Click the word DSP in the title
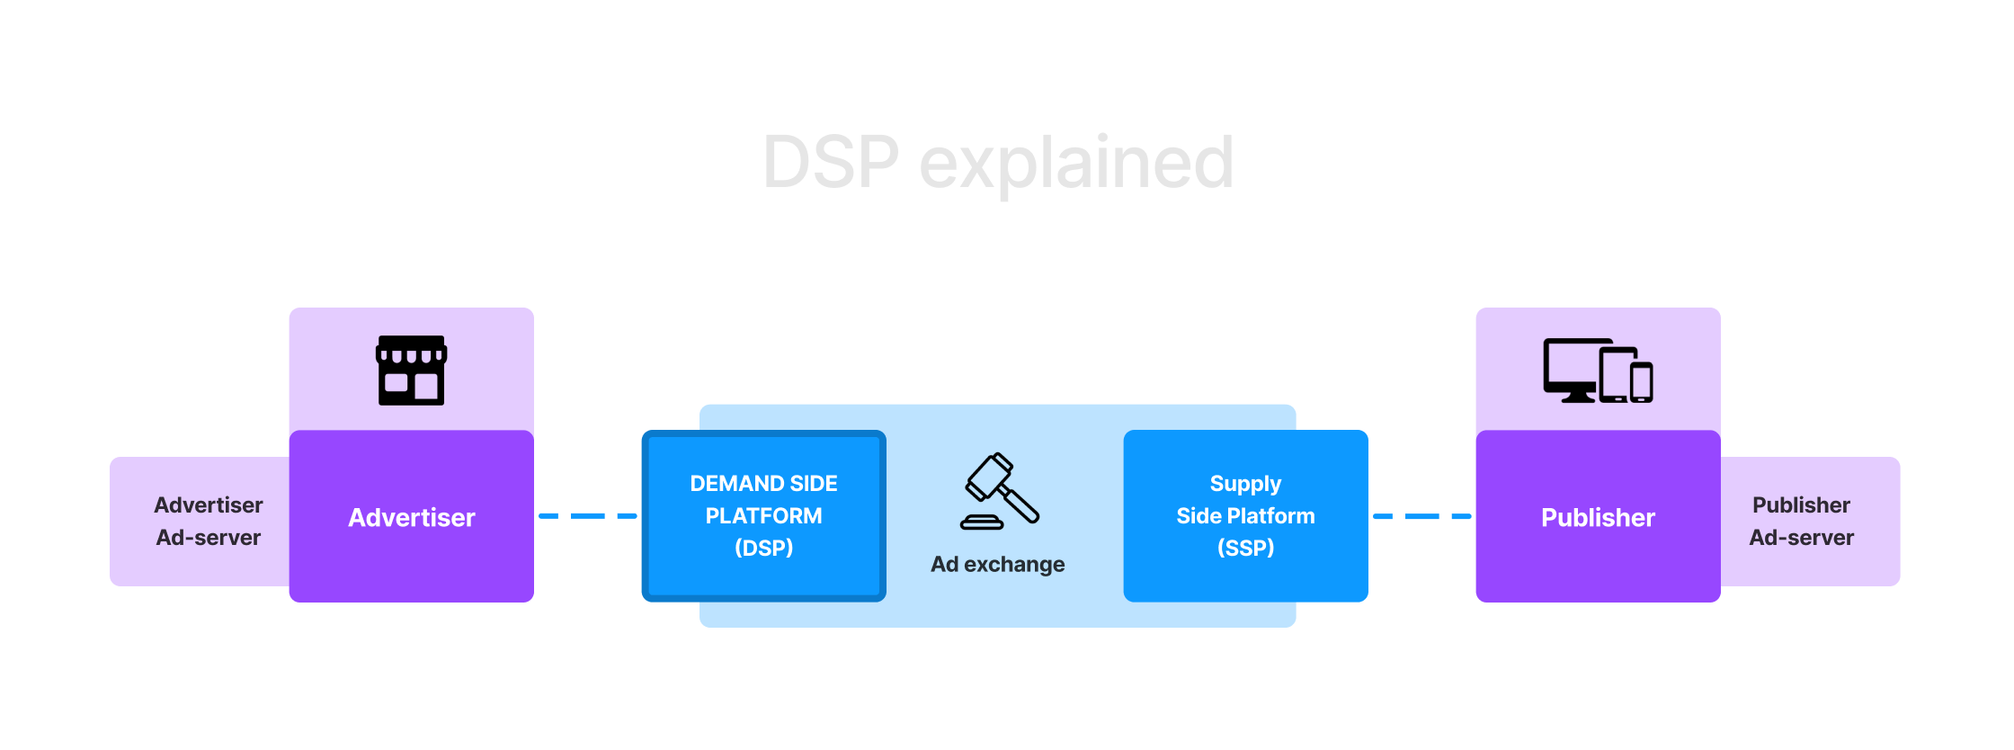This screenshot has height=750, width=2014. [x=830, y=163]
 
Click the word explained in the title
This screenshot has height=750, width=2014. [x=1076, y=163]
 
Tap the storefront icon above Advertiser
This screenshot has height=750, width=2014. [x=411, y=371]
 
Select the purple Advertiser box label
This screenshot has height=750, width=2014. [x=411, y=517]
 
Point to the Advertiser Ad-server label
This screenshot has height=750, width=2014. [x=208, y=521]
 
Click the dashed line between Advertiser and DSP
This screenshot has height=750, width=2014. [x=587, y=516]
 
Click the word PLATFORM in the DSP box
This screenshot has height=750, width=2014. [x=763, y=515]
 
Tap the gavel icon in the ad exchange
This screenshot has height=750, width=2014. [x=1000, y=491]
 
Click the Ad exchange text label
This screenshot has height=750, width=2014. [x=997, y=564]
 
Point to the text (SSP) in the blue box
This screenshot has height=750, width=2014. [x=1245, y=548]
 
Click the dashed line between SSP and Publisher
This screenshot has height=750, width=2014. [x=1421, y=516]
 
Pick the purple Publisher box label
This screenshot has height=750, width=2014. [x=1598, y=517]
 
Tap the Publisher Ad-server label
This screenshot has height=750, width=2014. [x=1801, y=521]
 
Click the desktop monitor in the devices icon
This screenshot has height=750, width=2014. [x=1571, y=367]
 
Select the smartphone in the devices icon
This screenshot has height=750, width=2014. [x=1642, y=382]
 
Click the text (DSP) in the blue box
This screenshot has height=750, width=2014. [x=763, y=548]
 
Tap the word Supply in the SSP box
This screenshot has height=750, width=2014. [x=1245, y=483]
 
